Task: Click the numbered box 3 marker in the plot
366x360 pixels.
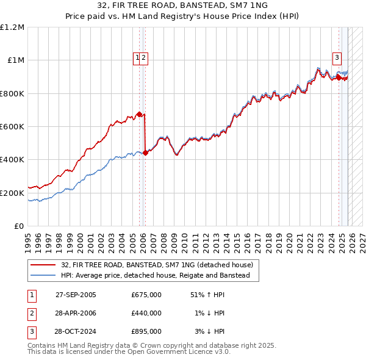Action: [x=337, y=58]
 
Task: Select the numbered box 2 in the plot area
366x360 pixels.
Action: [x=144, y=58]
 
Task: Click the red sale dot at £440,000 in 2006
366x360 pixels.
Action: [x=145, y=153]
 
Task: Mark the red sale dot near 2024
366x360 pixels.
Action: [x=339, y=77]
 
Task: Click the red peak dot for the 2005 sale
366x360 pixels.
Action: [x=139, y=114]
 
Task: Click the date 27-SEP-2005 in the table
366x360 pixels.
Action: [x=76, y=294]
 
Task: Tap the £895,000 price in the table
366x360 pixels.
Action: [x=146, y=332]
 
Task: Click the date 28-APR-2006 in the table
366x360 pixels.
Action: [x=76, y=313]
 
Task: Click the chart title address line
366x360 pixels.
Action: [x=183, y=5]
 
